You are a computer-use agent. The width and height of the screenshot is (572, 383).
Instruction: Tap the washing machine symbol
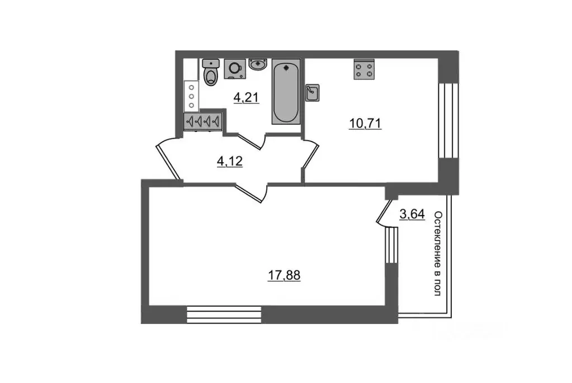234,68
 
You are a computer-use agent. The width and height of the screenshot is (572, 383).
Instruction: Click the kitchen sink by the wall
312,93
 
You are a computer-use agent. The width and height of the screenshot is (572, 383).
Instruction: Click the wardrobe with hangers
202,120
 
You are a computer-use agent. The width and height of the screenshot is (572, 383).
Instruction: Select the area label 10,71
365,124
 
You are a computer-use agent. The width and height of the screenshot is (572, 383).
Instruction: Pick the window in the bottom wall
224,314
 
